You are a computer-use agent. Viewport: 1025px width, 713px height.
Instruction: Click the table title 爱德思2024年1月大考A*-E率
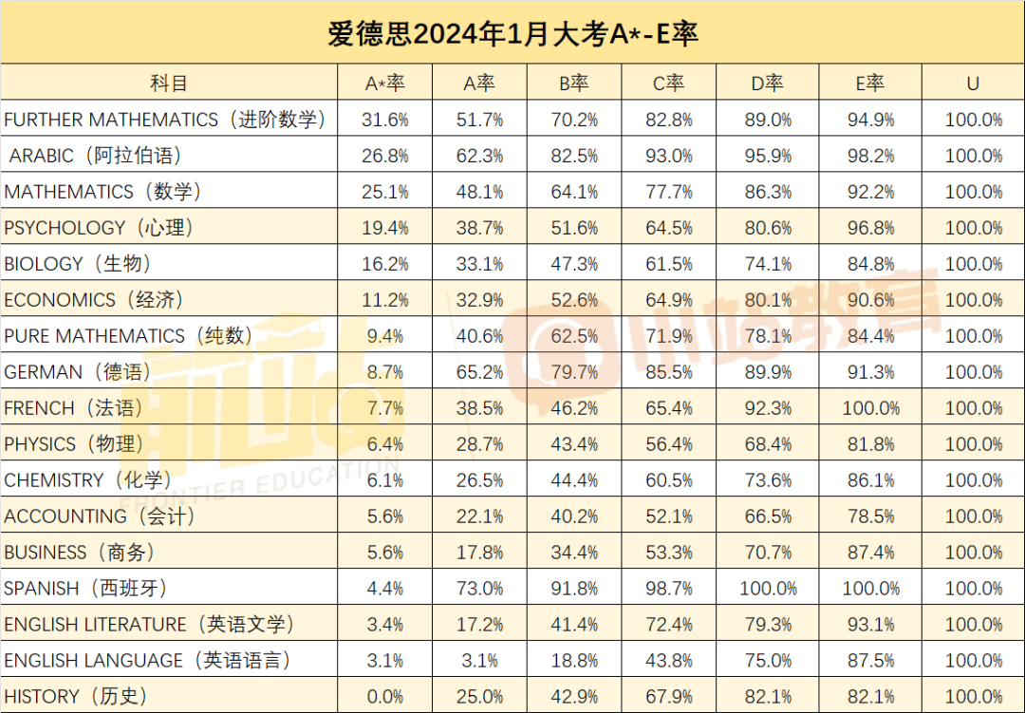512,34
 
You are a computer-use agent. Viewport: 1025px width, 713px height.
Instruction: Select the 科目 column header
169,84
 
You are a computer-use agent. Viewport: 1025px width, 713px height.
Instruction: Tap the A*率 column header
385,84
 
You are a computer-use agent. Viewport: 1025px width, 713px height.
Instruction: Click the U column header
973,84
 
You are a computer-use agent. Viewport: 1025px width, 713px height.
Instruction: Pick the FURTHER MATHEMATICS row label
165,120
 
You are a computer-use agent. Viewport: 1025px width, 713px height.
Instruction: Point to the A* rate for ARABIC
385,156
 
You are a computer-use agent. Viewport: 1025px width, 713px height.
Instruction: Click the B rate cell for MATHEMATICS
574,192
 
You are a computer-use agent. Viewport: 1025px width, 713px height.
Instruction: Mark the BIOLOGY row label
78,264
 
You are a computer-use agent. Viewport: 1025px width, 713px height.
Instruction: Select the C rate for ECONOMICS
669,300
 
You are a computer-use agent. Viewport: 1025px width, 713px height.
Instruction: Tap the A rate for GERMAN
479,372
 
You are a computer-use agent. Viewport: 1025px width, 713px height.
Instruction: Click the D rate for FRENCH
768,408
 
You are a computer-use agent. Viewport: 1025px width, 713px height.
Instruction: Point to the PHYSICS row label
74,444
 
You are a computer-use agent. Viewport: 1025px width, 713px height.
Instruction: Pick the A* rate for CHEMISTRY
385,480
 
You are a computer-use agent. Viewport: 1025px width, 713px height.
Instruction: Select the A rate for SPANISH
479,589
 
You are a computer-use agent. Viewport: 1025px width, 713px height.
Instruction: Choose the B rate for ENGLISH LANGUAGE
574,661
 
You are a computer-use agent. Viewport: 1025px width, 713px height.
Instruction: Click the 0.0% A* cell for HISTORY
385,697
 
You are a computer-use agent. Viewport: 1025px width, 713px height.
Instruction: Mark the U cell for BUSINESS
973,553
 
